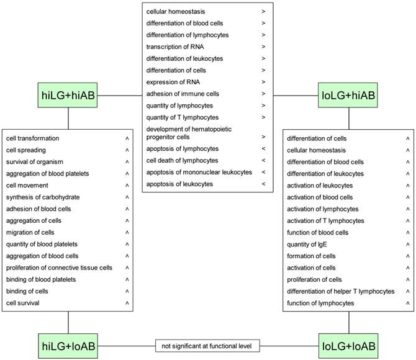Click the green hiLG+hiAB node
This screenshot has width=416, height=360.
68,96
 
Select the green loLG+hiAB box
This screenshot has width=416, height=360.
348,96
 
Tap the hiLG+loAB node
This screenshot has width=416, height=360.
68,344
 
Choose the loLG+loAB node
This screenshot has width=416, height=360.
348,344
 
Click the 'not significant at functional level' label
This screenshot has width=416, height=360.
207,344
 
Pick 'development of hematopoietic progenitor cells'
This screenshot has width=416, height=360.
186,133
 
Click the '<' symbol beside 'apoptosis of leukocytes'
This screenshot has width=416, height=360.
263,184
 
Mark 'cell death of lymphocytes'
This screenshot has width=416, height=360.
183,161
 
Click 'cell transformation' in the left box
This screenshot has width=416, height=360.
33,138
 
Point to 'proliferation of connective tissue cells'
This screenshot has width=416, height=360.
59,268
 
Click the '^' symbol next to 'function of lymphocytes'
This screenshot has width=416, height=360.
407,304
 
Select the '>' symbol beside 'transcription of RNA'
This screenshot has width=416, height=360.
263,47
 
